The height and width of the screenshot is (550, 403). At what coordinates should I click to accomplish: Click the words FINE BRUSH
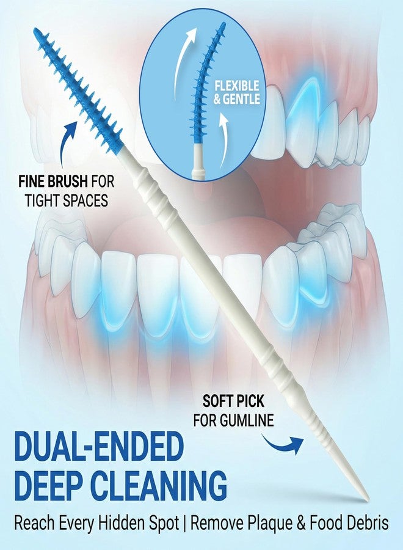[x=53, y=182]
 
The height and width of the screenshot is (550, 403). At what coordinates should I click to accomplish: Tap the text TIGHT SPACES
[x=66, y=200]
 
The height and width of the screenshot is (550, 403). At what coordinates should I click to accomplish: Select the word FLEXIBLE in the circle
[x=236, y=86]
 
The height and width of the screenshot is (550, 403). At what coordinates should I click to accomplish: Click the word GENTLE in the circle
[x=242, y=99]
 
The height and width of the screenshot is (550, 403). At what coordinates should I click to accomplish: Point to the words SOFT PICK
[x=233, y=402]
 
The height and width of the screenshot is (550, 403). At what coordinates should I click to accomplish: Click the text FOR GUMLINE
[x=234, y=420]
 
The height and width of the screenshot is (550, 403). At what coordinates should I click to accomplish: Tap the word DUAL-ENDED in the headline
[x=99, y=448]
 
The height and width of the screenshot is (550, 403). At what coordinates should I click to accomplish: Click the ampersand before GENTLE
[x=217, y=99]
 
